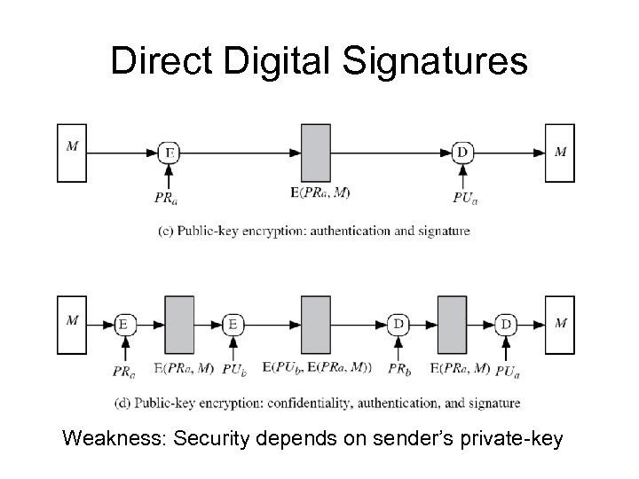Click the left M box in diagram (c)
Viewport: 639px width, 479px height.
(72, 153)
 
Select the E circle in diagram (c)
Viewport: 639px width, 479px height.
(170, 153)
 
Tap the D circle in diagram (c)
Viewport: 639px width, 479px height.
(461, 153)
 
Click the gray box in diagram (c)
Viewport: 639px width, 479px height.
(316, 153)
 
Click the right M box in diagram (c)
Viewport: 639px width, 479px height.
(560, 153)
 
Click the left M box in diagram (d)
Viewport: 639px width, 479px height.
(72, 325)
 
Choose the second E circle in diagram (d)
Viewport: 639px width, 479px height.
(233, 325)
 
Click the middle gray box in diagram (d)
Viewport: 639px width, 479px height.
(316, 325)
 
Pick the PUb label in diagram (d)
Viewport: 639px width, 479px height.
(233, 367)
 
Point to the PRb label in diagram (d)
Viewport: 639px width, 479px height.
(398, 367)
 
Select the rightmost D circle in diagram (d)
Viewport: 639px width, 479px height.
(506, 325)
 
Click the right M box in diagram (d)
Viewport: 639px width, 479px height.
(560, 325)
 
